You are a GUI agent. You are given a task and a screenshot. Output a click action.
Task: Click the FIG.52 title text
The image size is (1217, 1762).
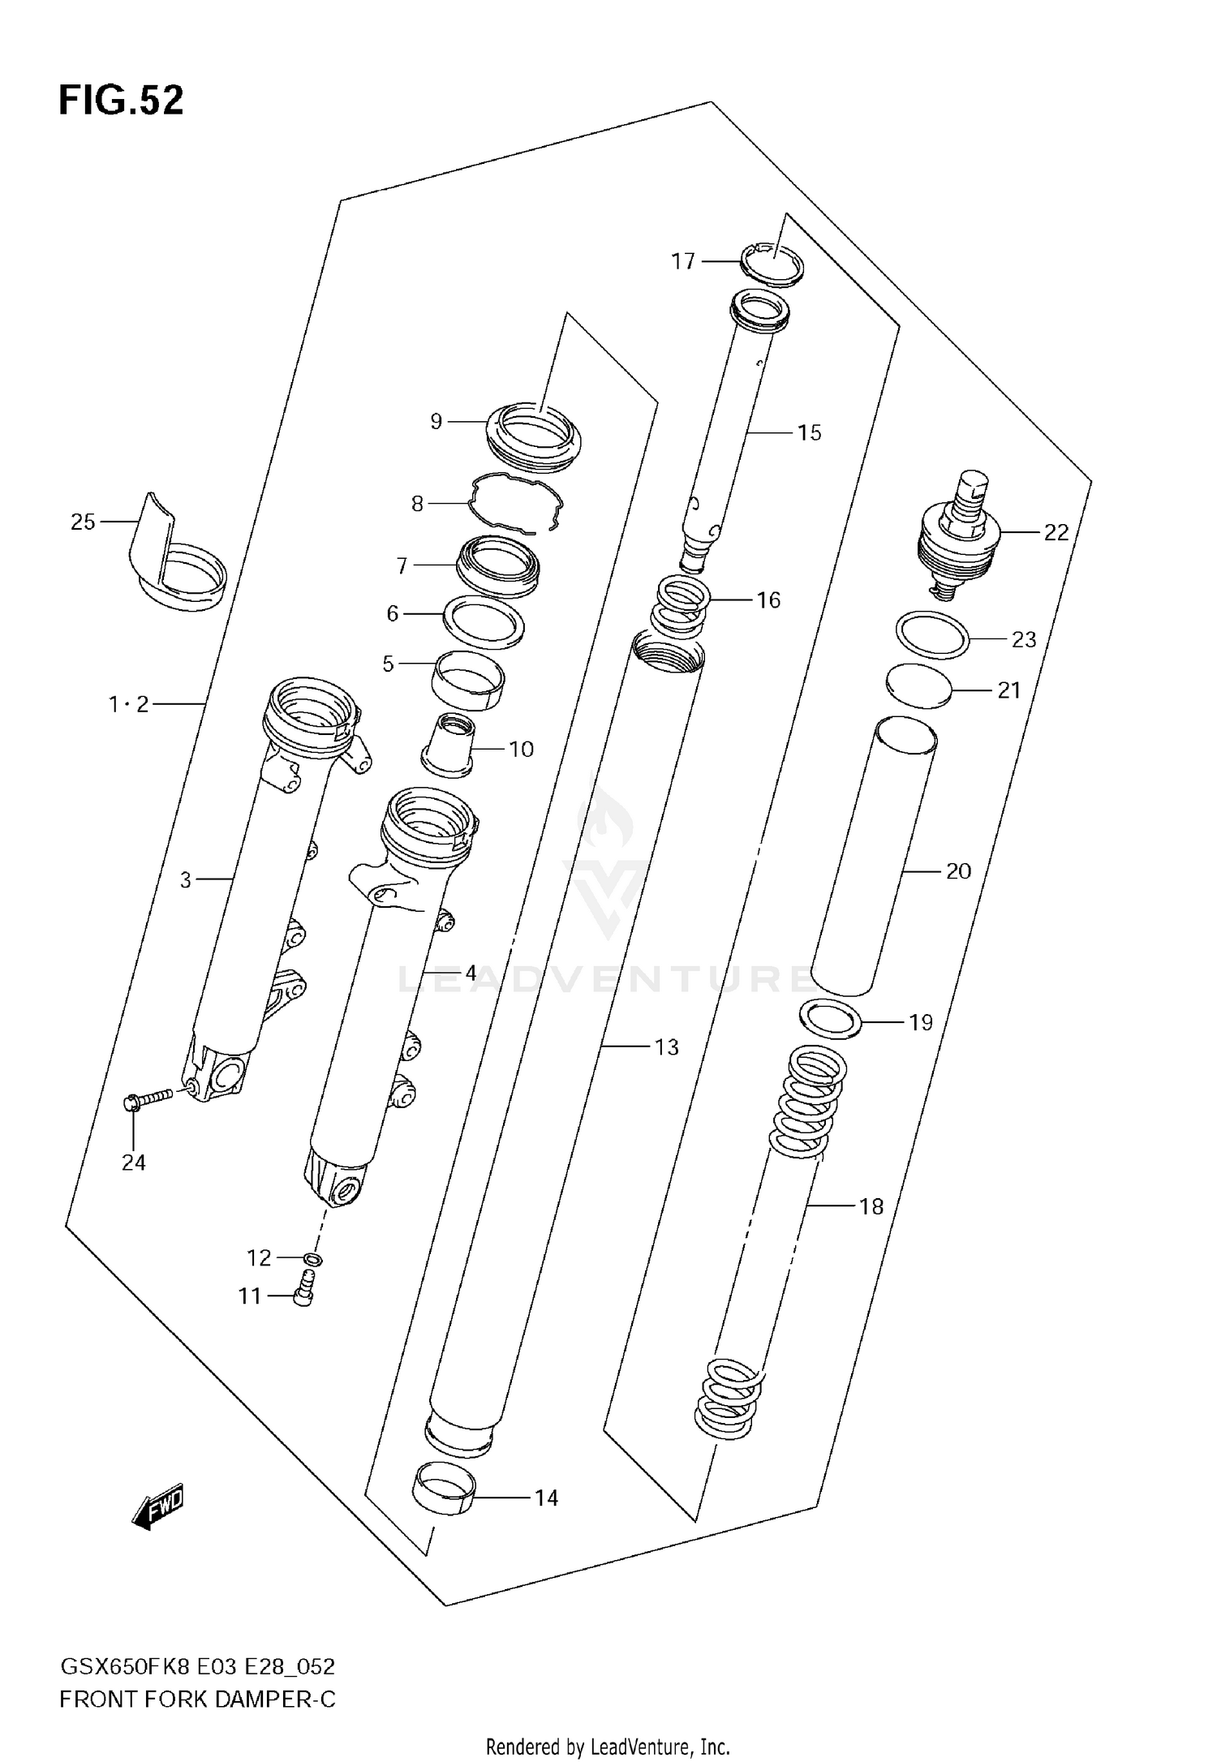(121, 101)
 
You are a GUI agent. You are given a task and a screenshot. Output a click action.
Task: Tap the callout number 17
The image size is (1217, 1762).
(683, 261)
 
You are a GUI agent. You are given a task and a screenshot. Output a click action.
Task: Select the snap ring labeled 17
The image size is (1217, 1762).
(773, 265)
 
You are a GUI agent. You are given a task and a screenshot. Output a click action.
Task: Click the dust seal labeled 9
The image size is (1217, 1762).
(533, 438)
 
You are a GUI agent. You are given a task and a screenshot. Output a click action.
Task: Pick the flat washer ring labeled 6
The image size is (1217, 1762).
(484, 622)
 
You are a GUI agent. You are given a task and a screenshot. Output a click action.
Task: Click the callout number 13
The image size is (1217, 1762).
(666, 1047)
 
